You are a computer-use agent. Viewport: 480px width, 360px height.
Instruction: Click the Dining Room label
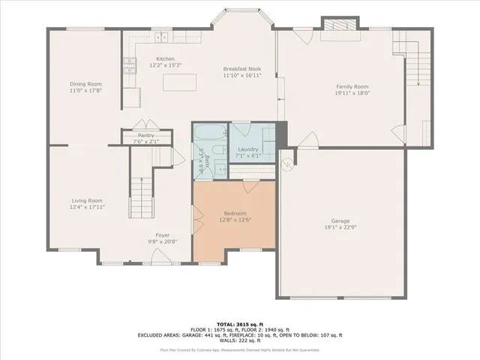[x=85, y=83]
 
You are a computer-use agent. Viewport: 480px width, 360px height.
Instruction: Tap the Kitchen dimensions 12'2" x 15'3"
[x=165, y=66]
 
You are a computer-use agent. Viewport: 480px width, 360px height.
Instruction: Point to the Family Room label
[x=352, y=86]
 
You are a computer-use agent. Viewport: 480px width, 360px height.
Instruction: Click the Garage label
[x=340, y=220]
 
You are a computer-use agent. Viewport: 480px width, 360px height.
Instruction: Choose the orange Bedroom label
[x=234, y=213]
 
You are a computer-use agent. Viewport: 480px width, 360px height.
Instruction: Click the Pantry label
[x=145, y=135]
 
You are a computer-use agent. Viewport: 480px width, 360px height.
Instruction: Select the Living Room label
[x=87, y=200]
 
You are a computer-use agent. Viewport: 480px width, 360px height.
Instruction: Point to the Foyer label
[x=163, y=235]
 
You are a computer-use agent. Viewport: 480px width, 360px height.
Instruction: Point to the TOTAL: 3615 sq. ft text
[x=239, y=322]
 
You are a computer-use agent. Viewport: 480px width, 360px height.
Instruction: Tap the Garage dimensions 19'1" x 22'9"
[x=340, y=227]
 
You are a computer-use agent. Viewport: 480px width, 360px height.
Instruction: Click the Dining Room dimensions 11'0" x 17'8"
[x=85, y=90]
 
